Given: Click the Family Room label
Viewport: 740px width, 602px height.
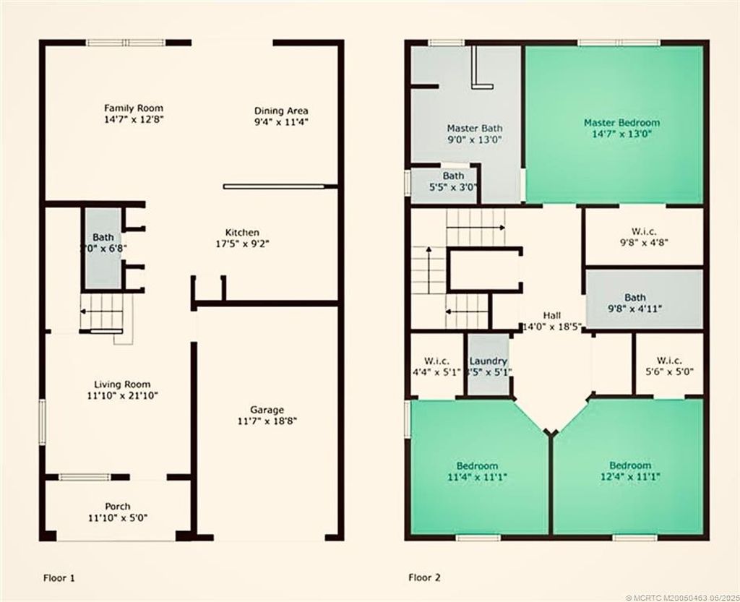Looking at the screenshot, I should tap(134, 108).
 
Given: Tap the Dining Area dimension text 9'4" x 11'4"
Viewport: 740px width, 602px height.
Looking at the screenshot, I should tap(281, 122).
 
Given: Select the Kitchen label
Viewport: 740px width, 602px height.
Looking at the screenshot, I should tap(242, 232).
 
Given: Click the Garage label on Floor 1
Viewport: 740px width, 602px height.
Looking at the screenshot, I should tap(267, 409).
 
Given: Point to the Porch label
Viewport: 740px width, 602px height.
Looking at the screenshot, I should tap(118, 506).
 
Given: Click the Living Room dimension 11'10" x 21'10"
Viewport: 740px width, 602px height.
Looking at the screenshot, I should tap(123, 396).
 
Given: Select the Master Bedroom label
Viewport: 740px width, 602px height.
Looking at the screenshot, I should tap(621, 123).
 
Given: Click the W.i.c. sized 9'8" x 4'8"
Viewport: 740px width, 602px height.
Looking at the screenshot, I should tap(643, 237).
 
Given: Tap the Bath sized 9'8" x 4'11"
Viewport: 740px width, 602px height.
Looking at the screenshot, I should tap(643, 302).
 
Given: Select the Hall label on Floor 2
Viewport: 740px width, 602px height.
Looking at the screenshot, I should tap(552, 316).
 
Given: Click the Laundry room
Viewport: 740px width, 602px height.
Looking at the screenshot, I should tap(489, 366).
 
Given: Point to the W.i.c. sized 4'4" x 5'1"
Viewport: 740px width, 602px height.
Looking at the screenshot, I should tap(436, 366).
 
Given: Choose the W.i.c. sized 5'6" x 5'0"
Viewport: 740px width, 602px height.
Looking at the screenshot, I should tap(668, 366).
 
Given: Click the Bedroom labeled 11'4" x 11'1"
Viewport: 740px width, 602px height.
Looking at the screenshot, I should tap(477, 470).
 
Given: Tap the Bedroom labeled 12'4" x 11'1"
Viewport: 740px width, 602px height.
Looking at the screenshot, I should tap(629, 470).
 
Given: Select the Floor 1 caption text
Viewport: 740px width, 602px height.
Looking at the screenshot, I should tap(59, 577).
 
